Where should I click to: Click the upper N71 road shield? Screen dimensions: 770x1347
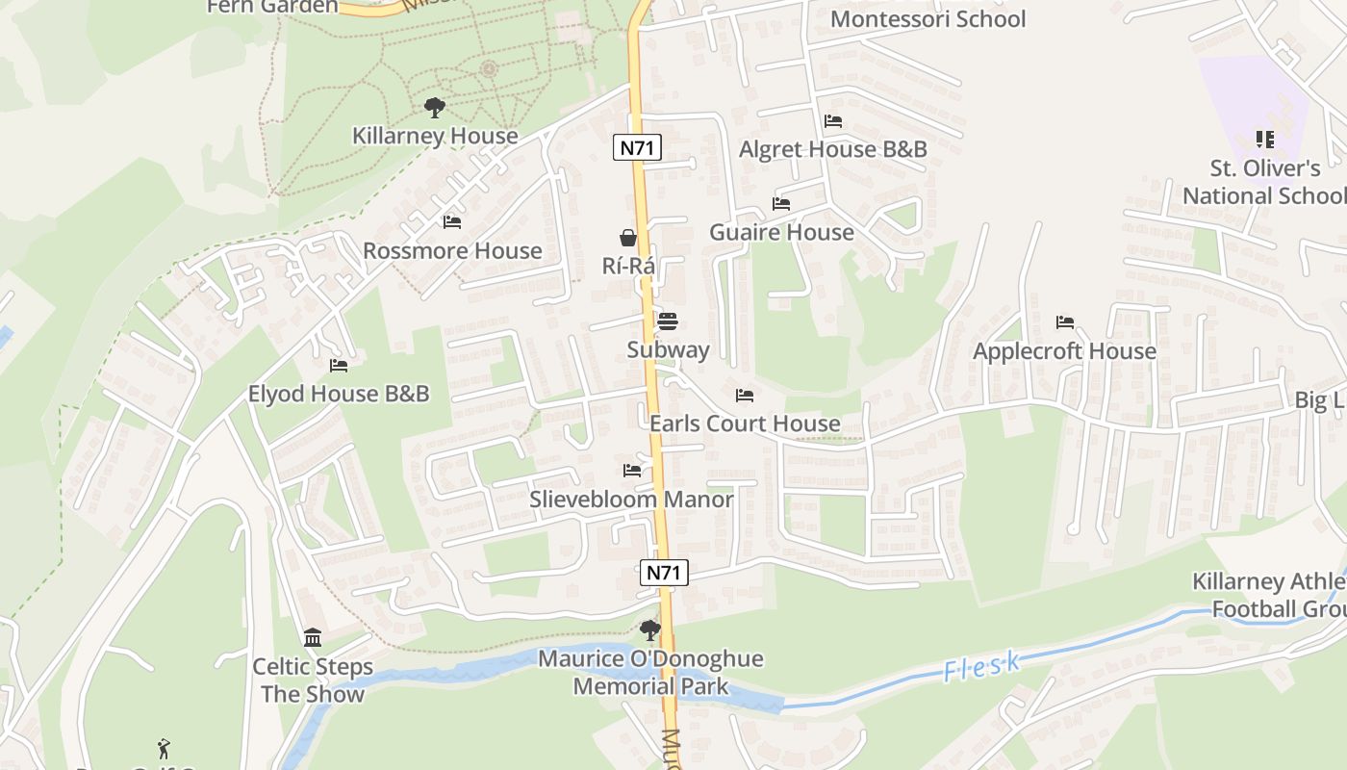[637, 147]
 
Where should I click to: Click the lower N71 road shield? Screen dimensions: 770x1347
[664, 573]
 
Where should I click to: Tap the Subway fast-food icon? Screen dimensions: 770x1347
[668, 321]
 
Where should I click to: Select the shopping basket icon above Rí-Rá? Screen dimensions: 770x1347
[628, 238]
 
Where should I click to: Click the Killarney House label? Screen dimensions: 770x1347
[435, 136]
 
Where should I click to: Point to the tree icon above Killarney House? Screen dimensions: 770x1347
[435, 108]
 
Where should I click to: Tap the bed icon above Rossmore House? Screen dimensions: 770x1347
[452, 222]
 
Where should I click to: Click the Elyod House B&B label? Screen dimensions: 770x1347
[339, 394]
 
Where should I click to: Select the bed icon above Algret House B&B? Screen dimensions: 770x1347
[833, 121]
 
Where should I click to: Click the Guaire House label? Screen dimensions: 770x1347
[781, 232]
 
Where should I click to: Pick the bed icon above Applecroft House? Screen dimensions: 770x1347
[1064, 322]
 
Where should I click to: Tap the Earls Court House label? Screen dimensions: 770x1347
[745, 423]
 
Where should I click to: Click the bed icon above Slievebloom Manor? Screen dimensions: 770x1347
[632, 471]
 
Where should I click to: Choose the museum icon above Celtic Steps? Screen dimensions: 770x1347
[313, 637]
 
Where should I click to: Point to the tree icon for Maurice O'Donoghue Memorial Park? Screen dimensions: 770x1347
[650, 631]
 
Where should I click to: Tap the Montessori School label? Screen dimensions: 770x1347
[928, 19]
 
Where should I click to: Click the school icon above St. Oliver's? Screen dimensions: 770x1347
[1265, 140]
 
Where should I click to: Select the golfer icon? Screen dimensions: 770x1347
[164, 748]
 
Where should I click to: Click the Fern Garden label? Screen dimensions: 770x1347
[272, 7]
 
